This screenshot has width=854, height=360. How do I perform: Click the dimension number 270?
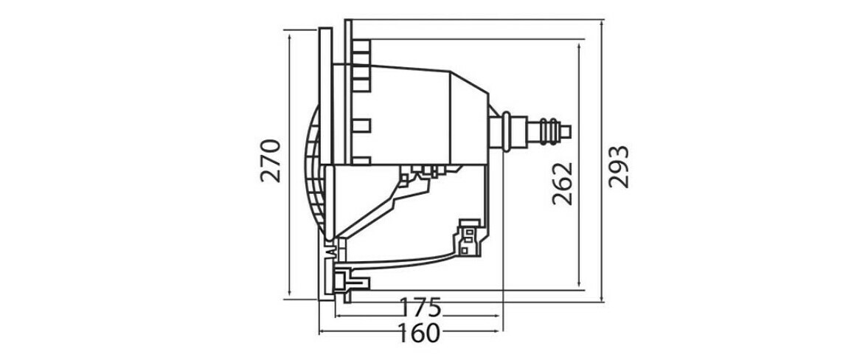[271, 159]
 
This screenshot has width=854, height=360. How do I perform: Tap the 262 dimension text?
[562, 181]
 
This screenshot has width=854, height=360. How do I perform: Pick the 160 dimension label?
[419, 333]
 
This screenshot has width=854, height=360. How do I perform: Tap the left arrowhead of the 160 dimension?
[322, 333]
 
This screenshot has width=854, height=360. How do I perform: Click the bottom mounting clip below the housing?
[348, 283]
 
